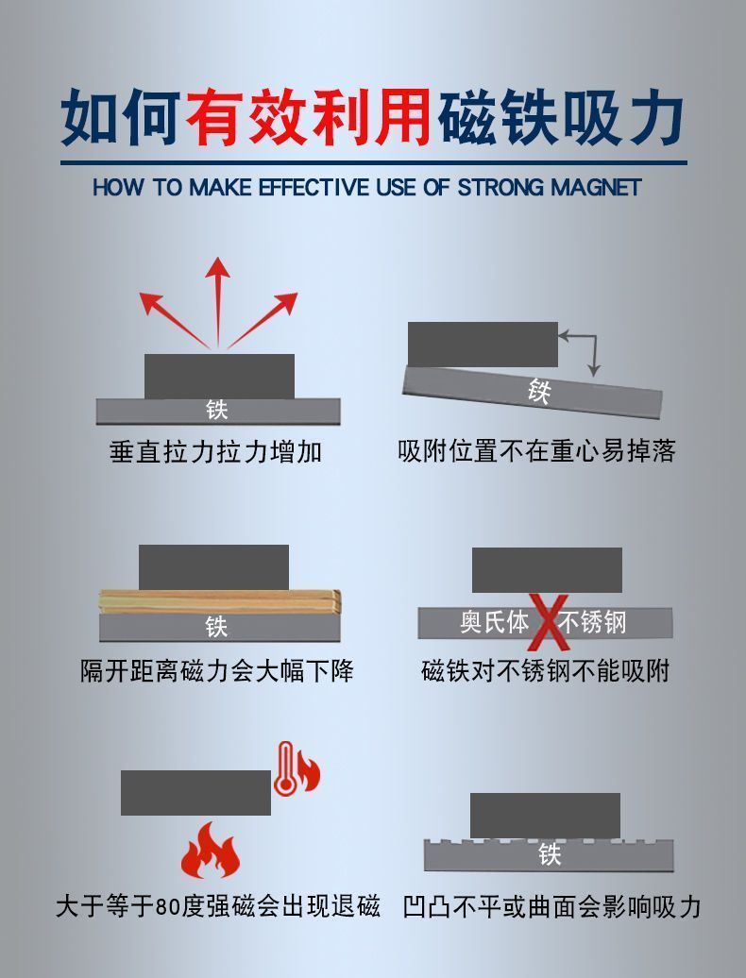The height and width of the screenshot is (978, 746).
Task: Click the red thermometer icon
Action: (286, 768)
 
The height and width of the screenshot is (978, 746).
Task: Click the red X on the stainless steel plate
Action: (549, 622)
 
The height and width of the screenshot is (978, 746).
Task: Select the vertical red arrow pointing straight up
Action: (218, 301)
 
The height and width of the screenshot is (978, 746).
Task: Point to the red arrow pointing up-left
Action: (174, 319)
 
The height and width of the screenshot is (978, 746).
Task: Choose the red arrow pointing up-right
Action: (263, 319)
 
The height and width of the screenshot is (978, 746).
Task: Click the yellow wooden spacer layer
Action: (220, 601)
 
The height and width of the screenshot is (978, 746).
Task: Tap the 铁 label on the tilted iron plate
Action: (539, 391)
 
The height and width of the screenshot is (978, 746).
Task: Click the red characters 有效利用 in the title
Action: (308, 117)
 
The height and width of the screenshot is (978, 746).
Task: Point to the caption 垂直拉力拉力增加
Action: (216, 451)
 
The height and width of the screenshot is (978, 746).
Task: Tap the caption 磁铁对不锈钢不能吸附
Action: (545, 671)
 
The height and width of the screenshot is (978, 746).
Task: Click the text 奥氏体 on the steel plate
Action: (494, 622)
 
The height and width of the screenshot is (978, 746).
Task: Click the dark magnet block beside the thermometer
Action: (195, 793)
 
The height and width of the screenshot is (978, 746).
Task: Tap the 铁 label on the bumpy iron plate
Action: (550, 854)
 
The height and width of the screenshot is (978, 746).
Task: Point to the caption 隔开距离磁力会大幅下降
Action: (217, 671)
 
